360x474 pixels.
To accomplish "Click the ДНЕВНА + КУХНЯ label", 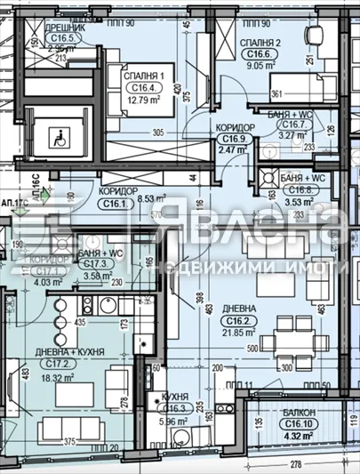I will [76, 352].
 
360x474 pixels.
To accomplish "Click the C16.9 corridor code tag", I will [235, 140].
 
